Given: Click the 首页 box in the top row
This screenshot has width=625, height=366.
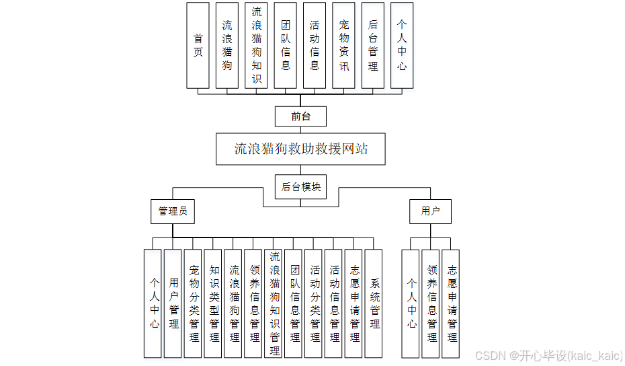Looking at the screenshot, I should tap(198, 45).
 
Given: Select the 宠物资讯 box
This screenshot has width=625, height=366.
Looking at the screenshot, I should tap(343, 45).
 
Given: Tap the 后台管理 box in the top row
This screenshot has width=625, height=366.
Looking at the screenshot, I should tap(372, 45).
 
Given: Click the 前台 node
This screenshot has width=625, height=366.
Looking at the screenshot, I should tap(300, 116).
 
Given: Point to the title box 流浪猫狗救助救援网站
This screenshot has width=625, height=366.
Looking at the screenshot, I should tap(300, 149).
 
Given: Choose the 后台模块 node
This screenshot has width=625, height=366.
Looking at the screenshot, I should tap(300, 186).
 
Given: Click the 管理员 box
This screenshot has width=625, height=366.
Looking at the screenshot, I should tap(172, 211).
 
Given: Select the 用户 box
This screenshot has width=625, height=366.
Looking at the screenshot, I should tap(430, 211).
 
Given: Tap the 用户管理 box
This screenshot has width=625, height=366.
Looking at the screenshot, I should tap(173, 303).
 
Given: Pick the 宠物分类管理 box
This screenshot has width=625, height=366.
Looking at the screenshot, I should tap(194, 303).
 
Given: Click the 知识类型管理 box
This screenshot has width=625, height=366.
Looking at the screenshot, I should tap(214, 303).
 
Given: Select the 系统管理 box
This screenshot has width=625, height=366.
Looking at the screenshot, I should tap(374, 303).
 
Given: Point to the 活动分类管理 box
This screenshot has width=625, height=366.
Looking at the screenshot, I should tap(315, 303).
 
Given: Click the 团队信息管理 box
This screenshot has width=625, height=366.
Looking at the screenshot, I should tap(294, 303).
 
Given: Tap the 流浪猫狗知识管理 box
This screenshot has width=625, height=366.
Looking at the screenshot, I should tap(274, 303).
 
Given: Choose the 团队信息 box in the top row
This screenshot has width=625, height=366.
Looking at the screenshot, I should tap(285, 45).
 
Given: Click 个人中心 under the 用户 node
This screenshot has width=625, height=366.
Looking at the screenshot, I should tap(411, 303).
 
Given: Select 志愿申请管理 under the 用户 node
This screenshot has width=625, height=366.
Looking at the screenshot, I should tap(451, 303).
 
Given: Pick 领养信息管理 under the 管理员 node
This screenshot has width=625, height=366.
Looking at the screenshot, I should tap(254, 303).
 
